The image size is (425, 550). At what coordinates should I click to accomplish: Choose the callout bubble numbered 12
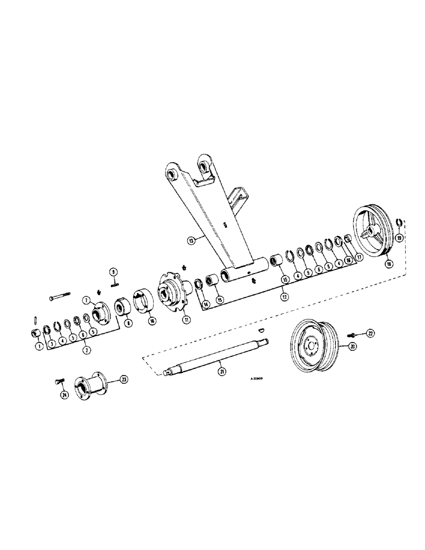pos(285,298)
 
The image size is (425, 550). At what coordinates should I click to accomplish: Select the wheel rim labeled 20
pos(311,346)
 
